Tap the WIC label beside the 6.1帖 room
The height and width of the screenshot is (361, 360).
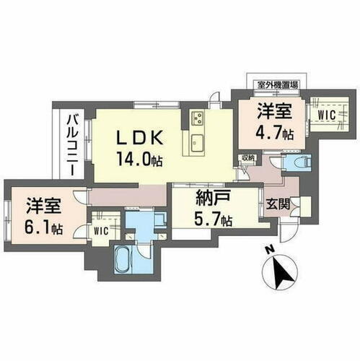(x=101, y=231)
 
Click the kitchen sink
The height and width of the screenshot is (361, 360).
(x=197, y=139)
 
